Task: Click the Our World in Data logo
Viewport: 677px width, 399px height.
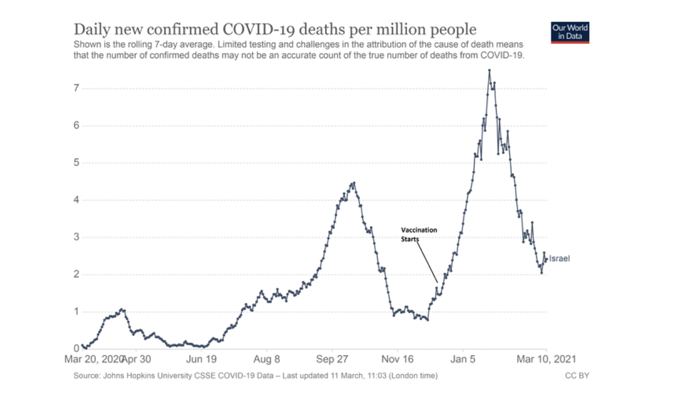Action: coord(570,33)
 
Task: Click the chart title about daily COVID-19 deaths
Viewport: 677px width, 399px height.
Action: coord(274,29)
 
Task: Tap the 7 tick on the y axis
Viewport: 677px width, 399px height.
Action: coord(76,88)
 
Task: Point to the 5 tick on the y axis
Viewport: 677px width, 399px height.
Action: coord(76,163)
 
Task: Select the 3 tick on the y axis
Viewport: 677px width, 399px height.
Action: coord(76,237)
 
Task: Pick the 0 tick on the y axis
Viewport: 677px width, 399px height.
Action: coord(76,349)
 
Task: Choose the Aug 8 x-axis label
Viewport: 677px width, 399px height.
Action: coord(267,359)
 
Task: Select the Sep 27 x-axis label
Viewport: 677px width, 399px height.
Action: coord(332,359)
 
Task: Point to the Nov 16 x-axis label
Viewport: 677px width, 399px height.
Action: coord(398,359)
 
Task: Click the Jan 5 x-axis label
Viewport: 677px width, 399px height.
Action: coord(463,359)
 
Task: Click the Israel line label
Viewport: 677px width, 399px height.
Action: coord(559,259)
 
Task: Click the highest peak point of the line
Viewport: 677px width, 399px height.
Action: coord(489,70)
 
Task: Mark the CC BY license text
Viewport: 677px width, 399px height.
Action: coord(577,376)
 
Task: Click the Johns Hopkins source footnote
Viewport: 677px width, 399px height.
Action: coord(256,376)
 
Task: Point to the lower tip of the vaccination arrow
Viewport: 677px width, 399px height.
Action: coord(437,282)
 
